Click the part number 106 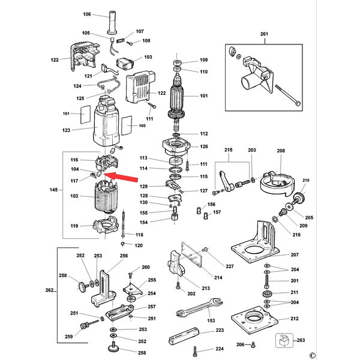pos(87,14)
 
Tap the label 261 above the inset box pos(265,35)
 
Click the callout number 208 pos(281,152)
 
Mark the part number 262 pos(49,291)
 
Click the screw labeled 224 pos(193,350)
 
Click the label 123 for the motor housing pos(66,130)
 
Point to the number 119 pos(74,226)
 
